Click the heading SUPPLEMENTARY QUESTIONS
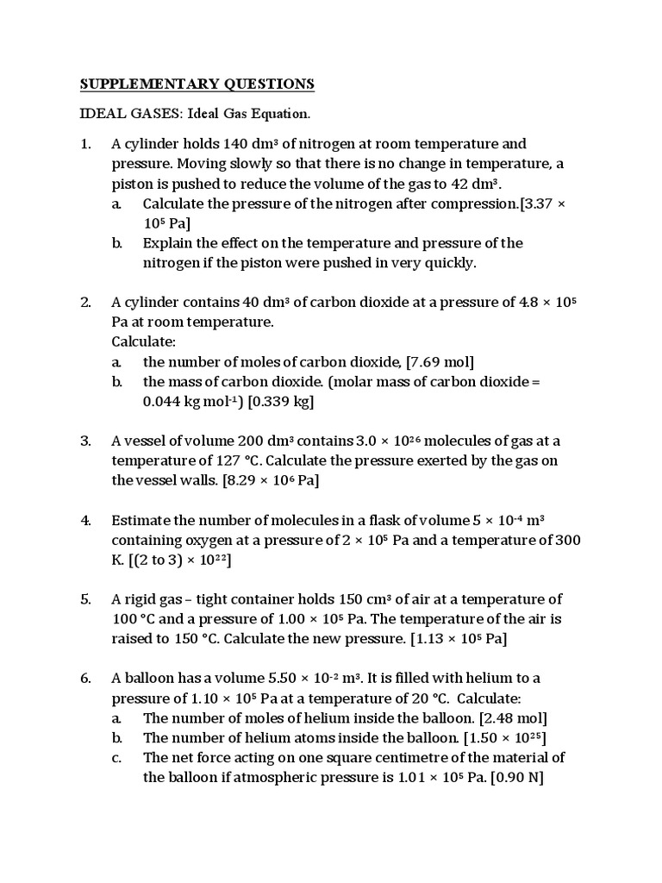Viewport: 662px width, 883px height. tap(197, 84)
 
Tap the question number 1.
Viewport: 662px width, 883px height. tap(85, 144)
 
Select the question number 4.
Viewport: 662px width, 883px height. tap(85, 520)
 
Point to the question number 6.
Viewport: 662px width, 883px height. tap(85, 678)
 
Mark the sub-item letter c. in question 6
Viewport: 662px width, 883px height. tap(116, 757)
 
